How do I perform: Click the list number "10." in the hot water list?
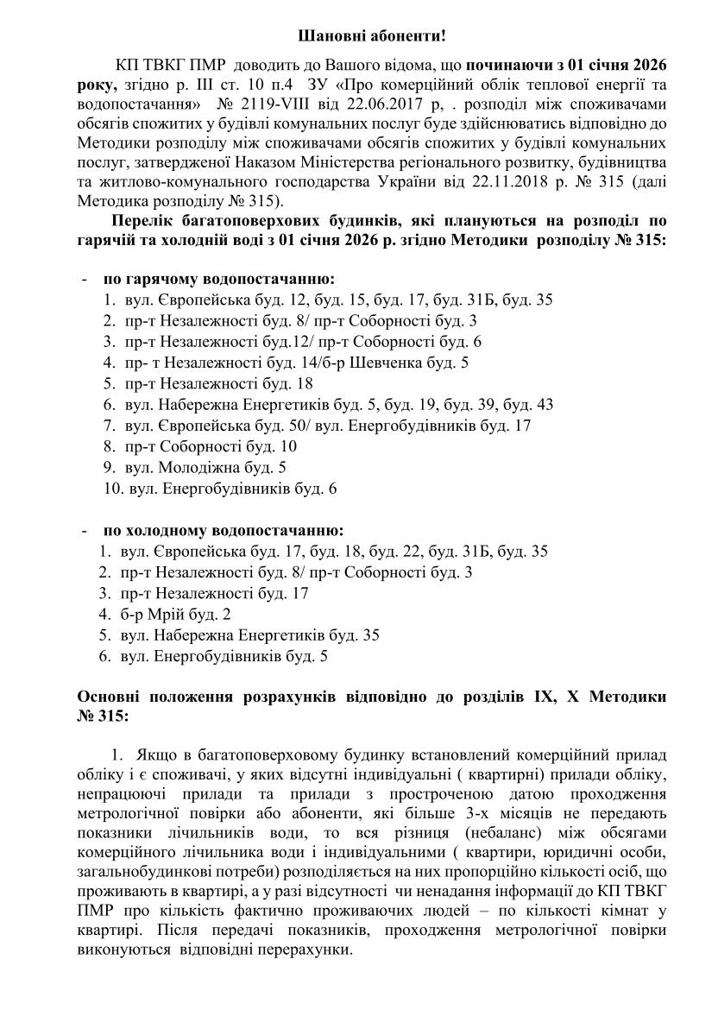114,489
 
